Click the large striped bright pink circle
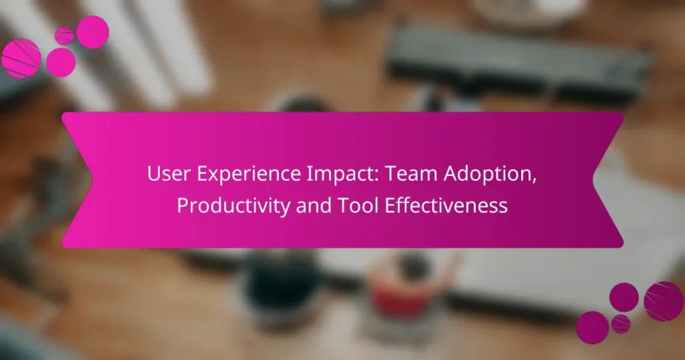(x=21, y=58)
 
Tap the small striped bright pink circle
(x=64, y=35)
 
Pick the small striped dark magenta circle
(x=621, y=324)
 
